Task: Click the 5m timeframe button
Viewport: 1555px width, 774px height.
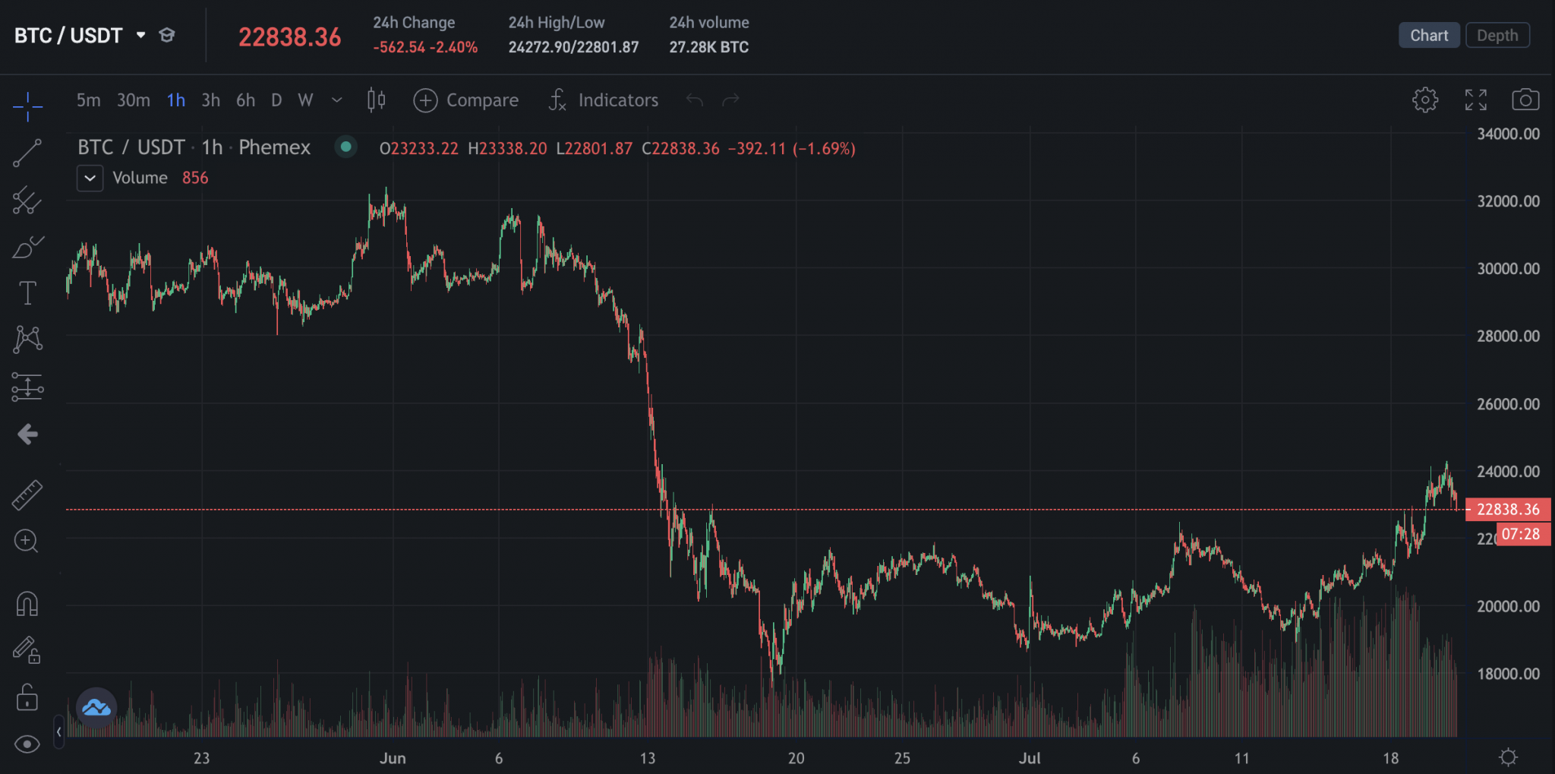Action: (88, 100)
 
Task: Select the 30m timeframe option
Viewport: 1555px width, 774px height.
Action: (133, 100)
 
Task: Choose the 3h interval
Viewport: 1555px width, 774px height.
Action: (210, 100)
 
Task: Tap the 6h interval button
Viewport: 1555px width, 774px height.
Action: (245, 100)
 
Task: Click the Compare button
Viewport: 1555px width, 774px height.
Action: (466, 100)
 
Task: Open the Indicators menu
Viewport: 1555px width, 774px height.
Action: (604, 100)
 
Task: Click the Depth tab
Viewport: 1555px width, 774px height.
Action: (1497, 36)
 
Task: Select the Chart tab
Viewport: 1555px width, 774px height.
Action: (1428, 36)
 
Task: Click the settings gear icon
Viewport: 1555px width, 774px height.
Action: (1424, 100)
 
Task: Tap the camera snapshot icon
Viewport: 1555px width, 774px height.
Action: (1525, 100)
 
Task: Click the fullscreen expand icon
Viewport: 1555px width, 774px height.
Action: (1475, 100)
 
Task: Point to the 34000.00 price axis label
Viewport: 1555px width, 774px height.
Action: (1508, 134)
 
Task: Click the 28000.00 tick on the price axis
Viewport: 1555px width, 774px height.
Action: (1508, 336)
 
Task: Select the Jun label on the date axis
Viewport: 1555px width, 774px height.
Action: (393, 758)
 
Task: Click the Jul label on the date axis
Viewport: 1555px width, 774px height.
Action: (1030, 758)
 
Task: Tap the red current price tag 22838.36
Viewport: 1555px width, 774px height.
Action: (1507, 510)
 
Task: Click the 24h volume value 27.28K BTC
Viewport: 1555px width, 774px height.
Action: (708, 47)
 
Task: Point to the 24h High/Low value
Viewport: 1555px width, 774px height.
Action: (573, 47)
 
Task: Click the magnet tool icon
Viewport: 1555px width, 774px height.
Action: (27, 604)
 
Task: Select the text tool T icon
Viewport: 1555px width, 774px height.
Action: (27, 293)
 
